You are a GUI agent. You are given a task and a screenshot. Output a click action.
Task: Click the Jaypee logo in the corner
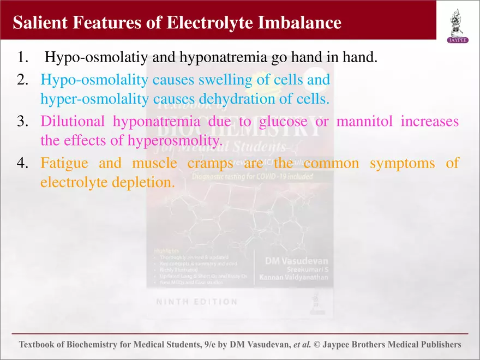pyautogui.click(x=458, y=25)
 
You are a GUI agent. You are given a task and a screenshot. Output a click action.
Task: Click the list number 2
pyautogui.click(x=22, y=80)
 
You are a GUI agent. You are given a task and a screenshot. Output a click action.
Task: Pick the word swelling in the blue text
pyautogui.click(x=221, y=80)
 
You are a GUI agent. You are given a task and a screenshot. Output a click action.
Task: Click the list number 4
pyautogui.click(x=22, y=163)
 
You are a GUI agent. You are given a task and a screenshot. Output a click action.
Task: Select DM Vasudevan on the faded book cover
pyautogui.click(x=296, y=261)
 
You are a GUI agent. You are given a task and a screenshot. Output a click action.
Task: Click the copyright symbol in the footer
pyautogui.click(x=317, y=345)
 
